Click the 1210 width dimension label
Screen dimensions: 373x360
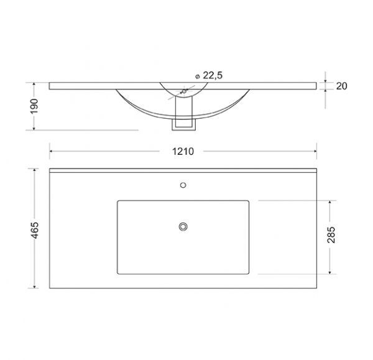point(183,151)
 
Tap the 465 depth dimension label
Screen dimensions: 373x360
point(35,230)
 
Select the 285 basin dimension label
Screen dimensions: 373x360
point(331,235)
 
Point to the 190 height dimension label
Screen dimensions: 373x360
point(34,106)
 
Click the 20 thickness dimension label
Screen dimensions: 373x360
point(341,86)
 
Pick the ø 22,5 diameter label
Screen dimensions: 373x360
point(209,75)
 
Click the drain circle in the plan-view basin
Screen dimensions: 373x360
point(183,226)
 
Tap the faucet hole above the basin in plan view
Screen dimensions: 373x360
point(183,185)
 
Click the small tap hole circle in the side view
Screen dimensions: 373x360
point(184,91)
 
